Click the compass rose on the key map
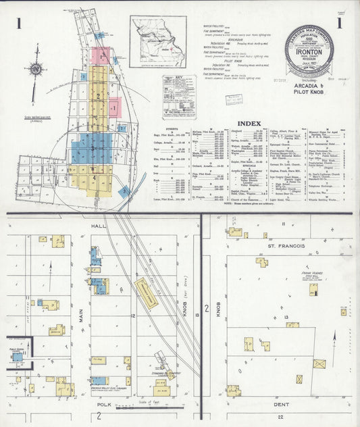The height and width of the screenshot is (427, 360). [37, 68]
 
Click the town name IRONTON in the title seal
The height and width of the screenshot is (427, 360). [308, 51]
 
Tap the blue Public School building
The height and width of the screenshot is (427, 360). [18, 355]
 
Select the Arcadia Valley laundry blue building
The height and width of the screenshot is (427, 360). [98, 380]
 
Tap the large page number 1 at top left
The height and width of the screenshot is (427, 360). [18, 24]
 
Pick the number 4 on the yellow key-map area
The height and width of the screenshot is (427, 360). [94, 178]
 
